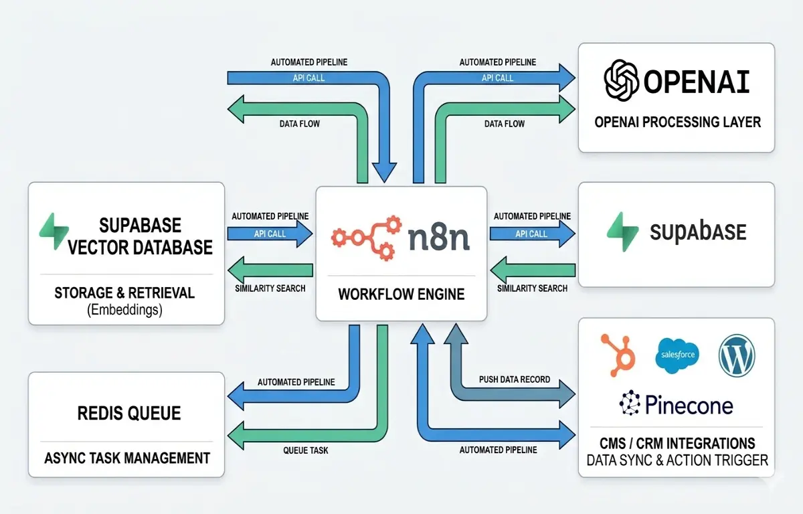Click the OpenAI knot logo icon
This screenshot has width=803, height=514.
pos(622,80)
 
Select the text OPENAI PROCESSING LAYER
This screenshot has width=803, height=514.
pos(677,122)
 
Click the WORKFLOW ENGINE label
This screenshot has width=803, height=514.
pos(401,294)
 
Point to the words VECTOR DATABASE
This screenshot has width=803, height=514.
pos(140,247)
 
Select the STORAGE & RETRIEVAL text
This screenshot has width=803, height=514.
pos(124,292)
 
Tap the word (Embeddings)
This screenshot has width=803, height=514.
pos(124,309)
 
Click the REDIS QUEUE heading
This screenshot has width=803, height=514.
pos(128,413)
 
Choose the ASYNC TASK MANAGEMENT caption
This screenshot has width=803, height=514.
pos(127,458)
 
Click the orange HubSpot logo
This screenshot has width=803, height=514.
pos(616,353)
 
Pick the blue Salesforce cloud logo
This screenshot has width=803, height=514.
pos(677,353)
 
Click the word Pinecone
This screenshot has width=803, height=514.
pos(689,404)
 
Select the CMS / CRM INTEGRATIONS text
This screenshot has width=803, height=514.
pos(677,443)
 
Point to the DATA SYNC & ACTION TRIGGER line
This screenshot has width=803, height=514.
pos(677,460)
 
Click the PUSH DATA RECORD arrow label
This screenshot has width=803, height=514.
pos(515,379)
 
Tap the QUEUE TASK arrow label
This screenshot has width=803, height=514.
pos(306,450)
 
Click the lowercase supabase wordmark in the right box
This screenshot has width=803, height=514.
pos(698,232)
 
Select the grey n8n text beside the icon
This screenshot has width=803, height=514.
pos(438,237)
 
